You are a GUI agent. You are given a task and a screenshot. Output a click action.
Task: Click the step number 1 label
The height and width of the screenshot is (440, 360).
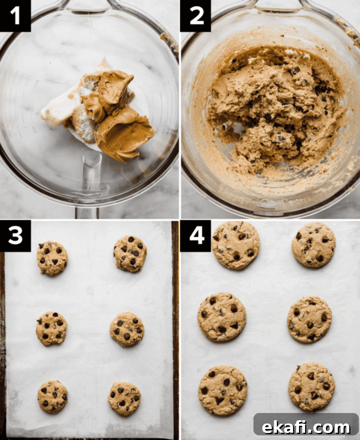tap(15, 16)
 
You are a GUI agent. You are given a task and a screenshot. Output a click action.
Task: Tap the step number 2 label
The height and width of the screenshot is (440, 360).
tap(196, 16)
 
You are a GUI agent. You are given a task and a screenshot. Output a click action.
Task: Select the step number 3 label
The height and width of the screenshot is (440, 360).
tap(15, 236)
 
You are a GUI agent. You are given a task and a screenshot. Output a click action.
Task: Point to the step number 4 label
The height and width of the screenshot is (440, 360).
tap(196, 236)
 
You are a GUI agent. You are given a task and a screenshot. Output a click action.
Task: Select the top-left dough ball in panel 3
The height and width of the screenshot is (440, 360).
tap(52, 258)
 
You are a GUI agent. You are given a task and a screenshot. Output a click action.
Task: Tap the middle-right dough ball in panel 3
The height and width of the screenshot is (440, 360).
tap(127, 329)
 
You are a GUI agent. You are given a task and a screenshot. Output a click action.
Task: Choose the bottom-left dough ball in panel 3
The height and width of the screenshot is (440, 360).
tap(53, 400)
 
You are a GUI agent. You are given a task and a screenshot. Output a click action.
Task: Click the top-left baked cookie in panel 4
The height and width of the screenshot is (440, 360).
tap(236, 245)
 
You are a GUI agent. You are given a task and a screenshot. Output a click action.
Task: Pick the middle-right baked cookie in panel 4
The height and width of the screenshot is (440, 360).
tap(309, 320)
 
